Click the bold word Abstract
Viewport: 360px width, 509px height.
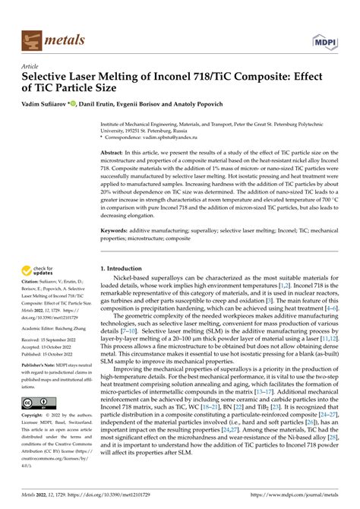tap(114, 153)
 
